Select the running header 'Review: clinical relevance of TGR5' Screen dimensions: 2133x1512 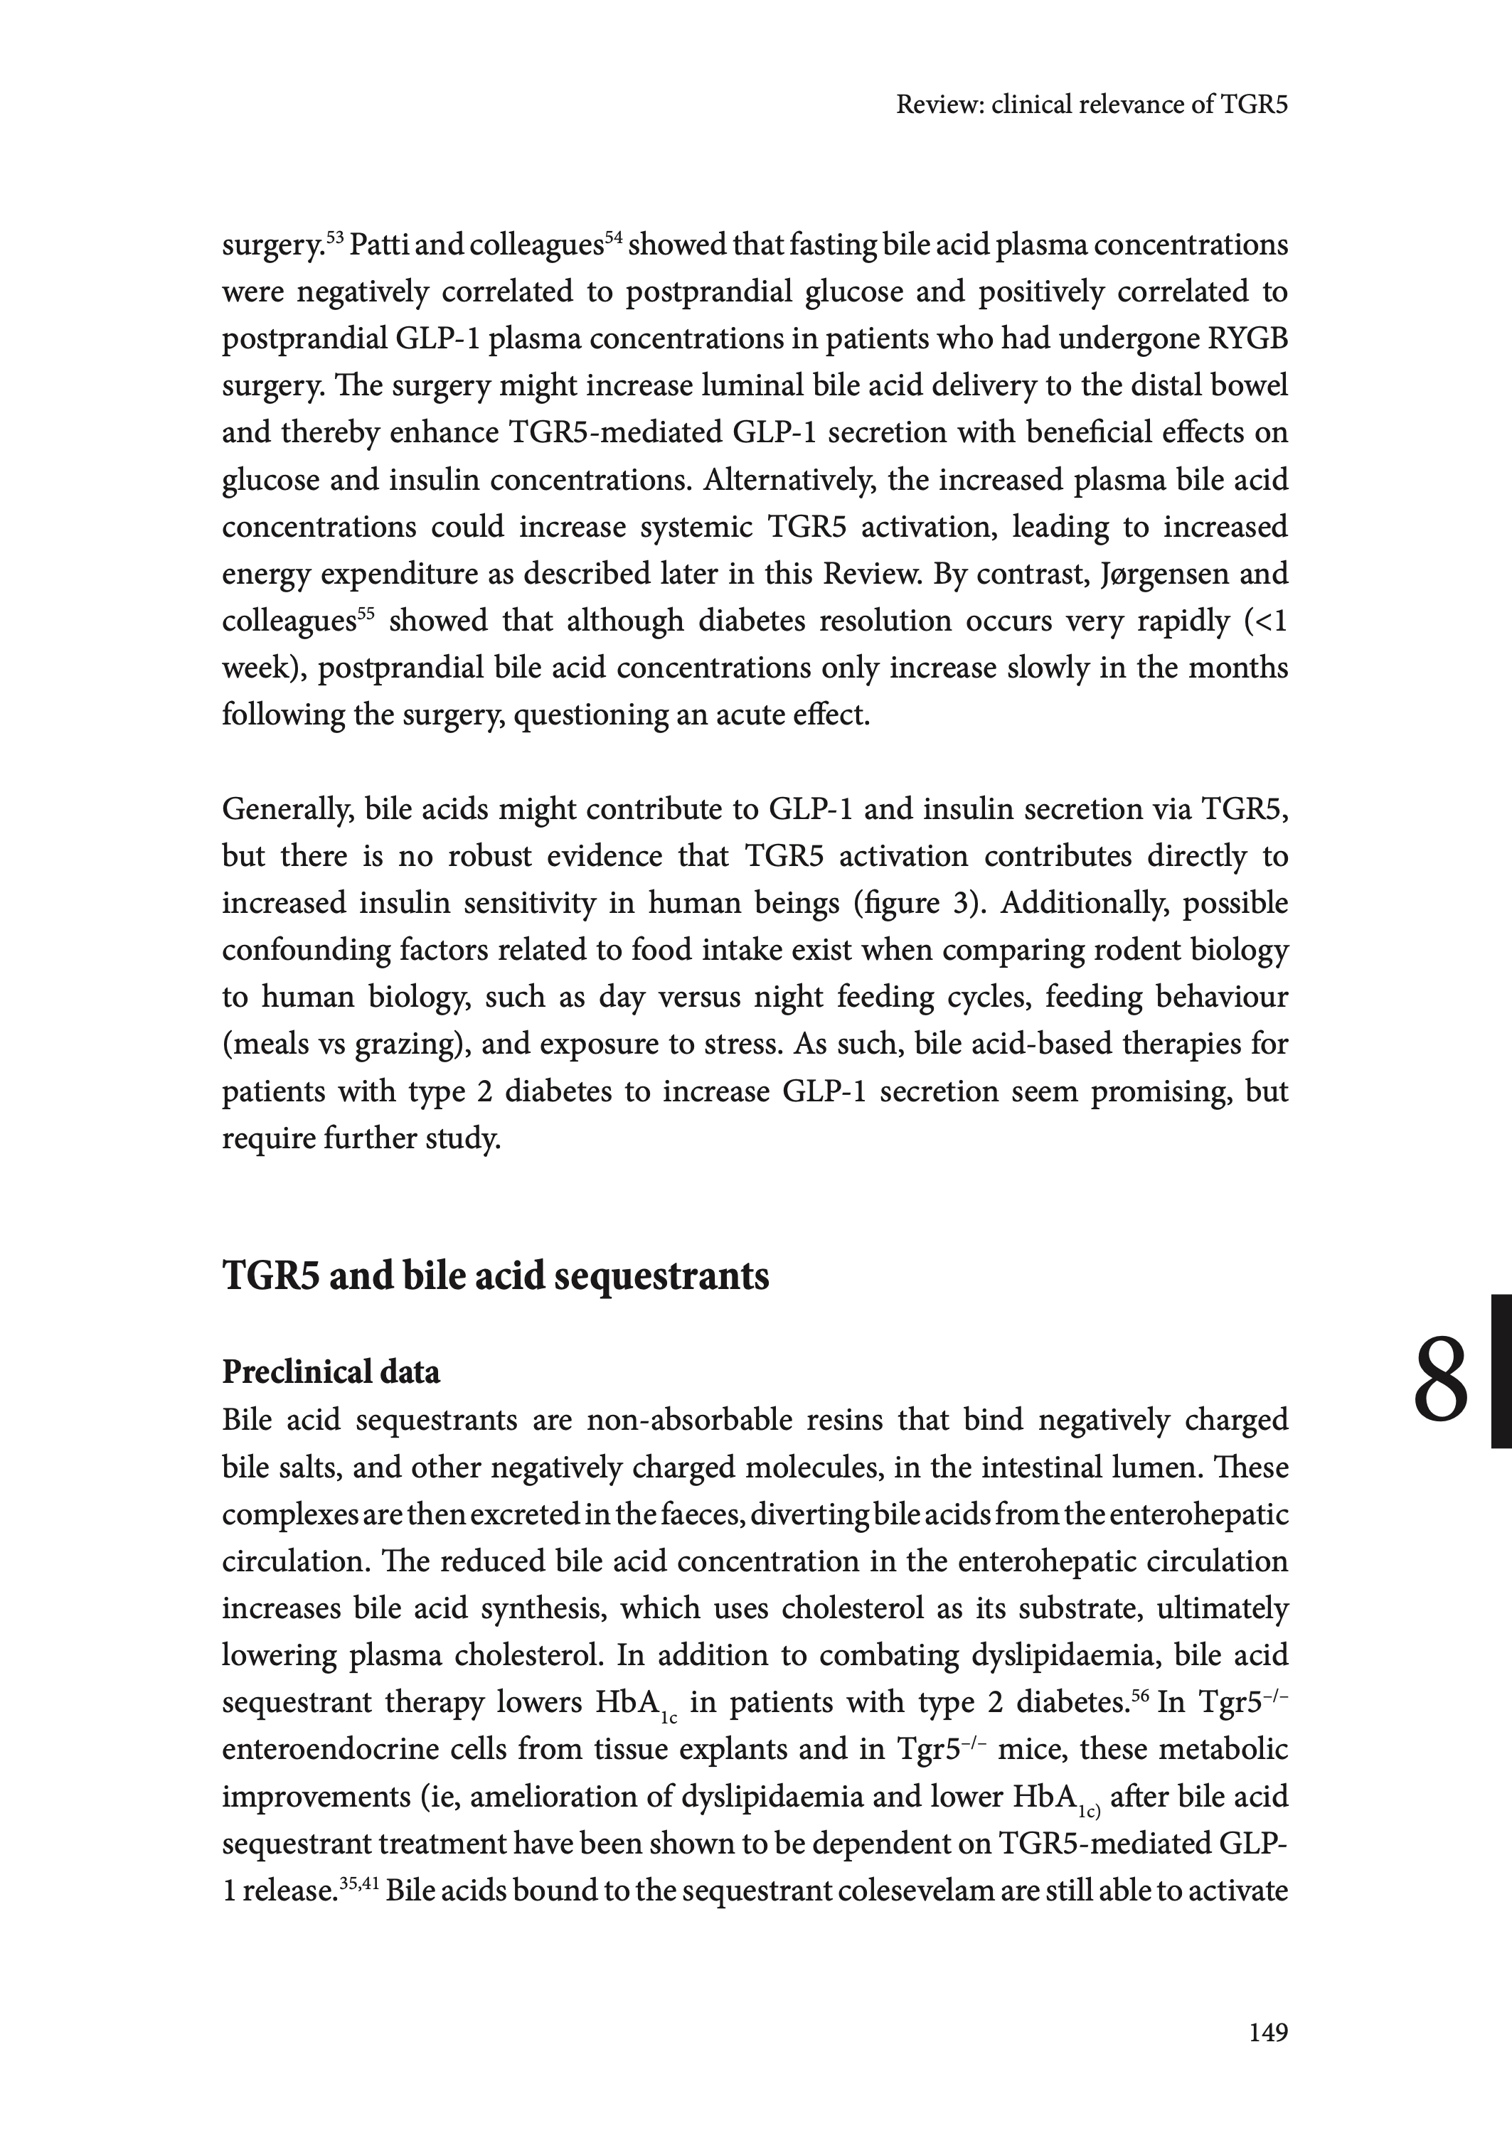pos(1091,105)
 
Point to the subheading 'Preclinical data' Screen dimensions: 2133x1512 pos(331,1372)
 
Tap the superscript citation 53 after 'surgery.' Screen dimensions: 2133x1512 pos(334,237)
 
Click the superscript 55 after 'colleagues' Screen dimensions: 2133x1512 pos(365,614)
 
